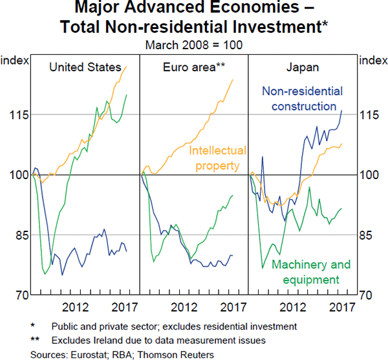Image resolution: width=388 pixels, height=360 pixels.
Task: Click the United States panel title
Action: click(86, 67)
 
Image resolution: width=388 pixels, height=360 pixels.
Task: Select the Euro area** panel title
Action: click(194, 67)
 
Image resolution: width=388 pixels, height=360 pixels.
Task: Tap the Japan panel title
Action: click(303, 67)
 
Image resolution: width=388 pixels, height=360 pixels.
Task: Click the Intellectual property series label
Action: click(217, 158)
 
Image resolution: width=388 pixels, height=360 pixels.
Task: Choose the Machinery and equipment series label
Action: click(310, 272)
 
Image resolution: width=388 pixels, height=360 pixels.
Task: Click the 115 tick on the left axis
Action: click(19, 115)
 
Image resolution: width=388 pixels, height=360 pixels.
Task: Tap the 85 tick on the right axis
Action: click(368, 235)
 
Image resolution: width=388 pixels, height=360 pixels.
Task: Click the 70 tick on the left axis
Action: click(19, 295)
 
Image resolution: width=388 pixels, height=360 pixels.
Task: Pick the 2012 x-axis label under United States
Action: click(76, 307)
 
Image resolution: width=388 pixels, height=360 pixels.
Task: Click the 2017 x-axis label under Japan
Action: click(341, 307)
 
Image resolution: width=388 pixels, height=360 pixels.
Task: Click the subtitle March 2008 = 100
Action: click(193, 45)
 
